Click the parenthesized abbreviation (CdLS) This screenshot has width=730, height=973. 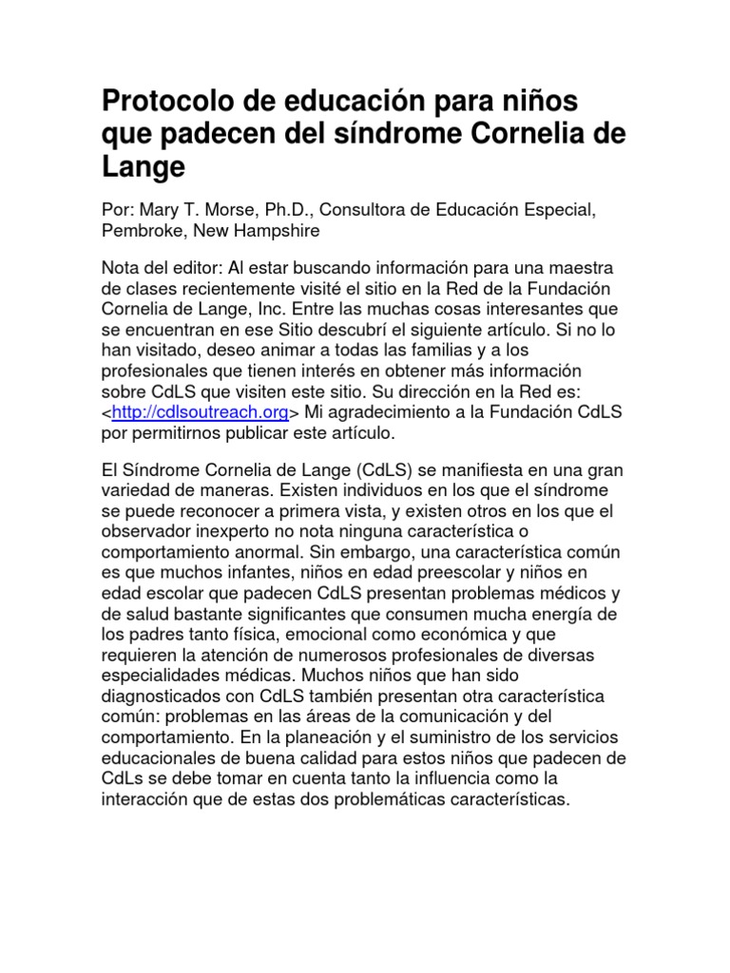coord(340,470)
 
